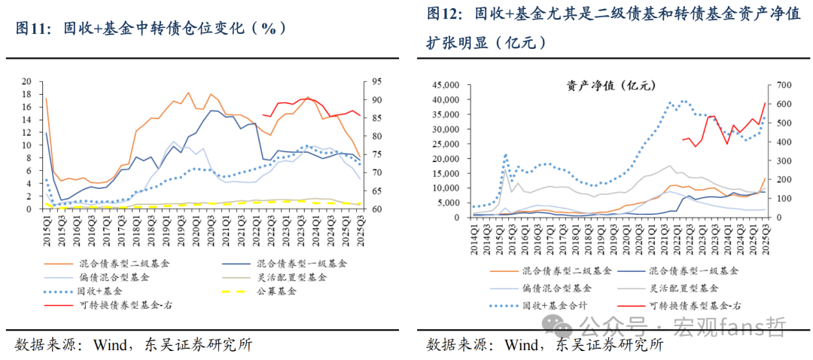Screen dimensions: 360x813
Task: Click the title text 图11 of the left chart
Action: tap(35, 29)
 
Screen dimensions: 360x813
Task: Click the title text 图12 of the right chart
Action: tap(444, 13)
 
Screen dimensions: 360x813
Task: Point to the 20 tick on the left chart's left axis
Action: tap(28, 81)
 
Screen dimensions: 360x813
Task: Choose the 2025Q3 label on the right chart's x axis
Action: tap(766, 237)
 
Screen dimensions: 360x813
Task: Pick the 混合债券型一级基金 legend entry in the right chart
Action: tap(693, 269)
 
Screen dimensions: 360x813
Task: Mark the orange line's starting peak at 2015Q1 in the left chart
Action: tap(46, 99)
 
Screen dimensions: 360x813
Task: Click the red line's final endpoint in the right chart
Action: tap(765, 103)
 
